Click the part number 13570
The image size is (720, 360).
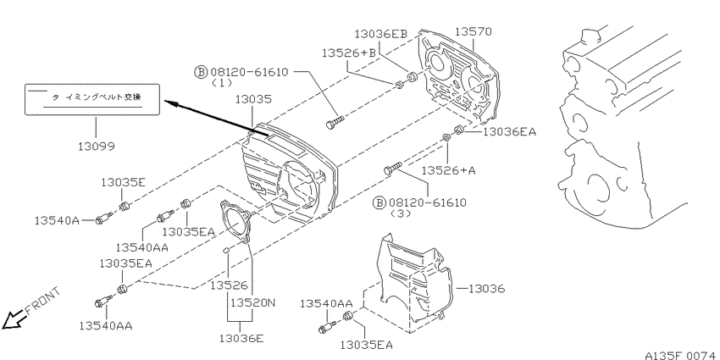474,31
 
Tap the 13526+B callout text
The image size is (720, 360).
348,53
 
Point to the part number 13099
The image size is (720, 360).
96,147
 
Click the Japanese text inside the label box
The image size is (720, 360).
100,97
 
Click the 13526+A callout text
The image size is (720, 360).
449,170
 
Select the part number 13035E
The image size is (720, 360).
123,183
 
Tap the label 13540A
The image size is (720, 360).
57,221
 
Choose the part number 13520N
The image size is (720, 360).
252,303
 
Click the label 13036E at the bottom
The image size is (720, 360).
241,339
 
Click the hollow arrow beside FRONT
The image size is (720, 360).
13,319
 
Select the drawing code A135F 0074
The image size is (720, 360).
681,355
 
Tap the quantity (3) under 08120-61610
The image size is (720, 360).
401,213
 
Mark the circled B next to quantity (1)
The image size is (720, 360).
201,72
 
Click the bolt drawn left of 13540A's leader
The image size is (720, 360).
104,218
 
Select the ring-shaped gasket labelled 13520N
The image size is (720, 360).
235,222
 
